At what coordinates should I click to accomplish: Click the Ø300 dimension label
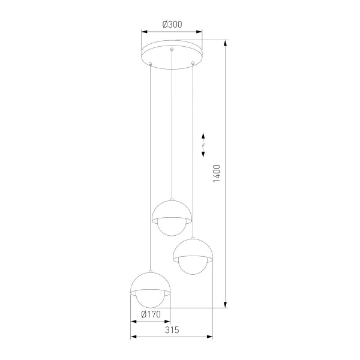pyautogui.click(x=172, y=25)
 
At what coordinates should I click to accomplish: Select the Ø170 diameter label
pyautogui.click(x=151, y=313)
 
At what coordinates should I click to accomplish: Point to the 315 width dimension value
pyautogui.click(x=172, y=331)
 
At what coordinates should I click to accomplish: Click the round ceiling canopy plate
pyautogui.click(x=172, y=52)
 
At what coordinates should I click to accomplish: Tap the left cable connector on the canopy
pyautogui.click(x=151, y=64)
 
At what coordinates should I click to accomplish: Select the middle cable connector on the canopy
pyautogui.click(x=172, y=49)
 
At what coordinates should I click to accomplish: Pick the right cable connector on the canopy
pyautogui.click(x=193, y=63)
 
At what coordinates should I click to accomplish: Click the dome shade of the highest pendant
pyautogui.click(x=172, y=210)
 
